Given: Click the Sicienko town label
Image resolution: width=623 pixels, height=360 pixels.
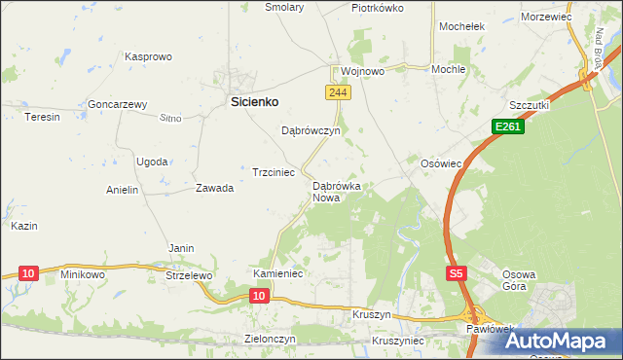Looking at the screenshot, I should [254, 100].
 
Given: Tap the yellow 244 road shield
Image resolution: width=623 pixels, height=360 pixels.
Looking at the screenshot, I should [337, 91].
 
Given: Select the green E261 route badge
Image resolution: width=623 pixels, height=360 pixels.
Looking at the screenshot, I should [506, 126].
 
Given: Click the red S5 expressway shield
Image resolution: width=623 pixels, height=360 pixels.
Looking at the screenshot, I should [457, 274].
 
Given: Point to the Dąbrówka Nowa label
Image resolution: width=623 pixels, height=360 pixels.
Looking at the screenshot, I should [337, 192].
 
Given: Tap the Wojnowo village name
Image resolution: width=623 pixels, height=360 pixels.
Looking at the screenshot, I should [363, 71].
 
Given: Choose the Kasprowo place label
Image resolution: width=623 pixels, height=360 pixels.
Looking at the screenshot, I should [148, 57].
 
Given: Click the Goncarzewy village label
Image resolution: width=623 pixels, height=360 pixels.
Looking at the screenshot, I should [117, 104].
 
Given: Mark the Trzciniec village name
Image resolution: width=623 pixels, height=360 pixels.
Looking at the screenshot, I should [274, 171].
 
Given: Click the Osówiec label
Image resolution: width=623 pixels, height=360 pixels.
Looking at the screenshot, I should [440, 163].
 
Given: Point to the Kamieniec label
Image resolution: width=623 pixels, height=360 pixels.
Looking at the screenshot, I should [279, 274].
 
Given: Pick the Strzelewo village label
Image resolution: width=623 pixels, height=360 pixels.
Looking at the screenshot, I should [189, 275].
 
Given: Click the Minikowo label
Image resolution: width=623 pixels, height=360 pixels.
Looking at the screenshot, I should [83, 274].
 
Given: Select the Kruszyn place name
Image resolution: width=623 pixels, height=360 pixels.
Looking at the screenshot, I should [371, 316].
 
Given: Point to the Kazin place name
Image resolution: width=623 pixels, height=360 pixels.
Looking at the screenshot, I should [24, 226].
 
